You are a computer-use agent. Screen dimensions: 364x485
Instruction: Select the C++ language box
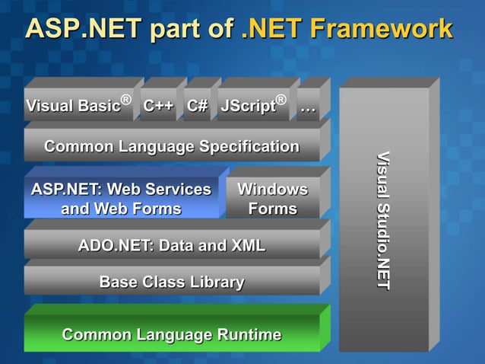[158, 106]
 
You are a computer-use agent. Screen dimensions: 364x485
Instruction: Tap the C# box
[198, 106]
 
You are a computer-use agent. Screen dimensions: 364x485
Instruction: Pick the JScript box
[254, 106]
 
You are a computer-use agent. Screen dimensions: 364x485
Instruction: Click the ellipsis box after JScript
[308, 107]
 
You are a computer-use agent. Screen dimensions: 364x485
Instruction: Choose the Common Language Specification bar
[172, 145]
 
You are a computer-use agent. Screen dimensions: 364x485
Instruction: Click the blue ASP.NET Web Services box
[121, 199]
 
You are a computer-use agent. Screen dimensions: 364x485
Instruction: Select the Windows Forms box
[273, 199]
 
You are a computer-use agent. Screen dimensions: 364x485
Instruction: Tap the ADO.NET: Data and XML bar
[172, 245]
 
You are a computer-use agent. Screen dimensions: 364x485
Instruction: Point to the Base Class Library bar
[172, 282]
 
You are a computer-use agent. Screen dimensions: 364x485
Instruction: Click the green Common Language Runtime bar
[172, 334]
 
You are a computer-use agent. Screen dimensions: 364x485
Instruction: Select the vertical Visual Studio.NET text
[384, 220]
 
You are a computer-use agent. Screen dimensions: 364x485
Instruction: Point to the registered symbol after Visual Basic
[126, 100]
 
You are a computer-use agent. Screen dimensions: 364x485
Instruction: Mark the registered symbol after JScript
[281, 100]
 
